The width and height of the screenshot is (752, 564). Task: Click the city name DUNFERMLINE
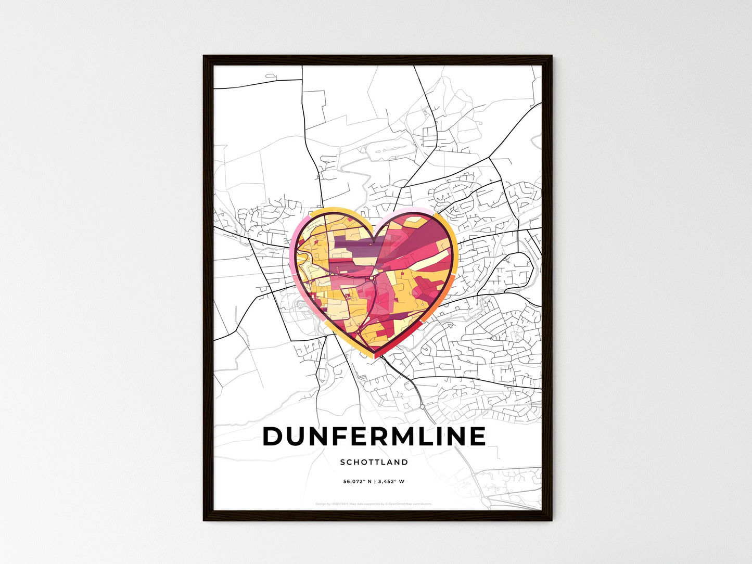(374, 437)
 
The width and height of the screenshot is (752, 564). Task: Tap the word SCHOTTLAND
(374, 462)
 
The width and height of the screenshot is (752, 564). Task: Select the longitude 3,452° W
(391, 481)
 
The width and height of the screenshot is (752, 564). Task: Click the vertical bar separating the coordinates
(374, 481)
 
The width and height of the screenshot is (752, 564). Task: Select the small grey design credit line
(374, 504)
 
